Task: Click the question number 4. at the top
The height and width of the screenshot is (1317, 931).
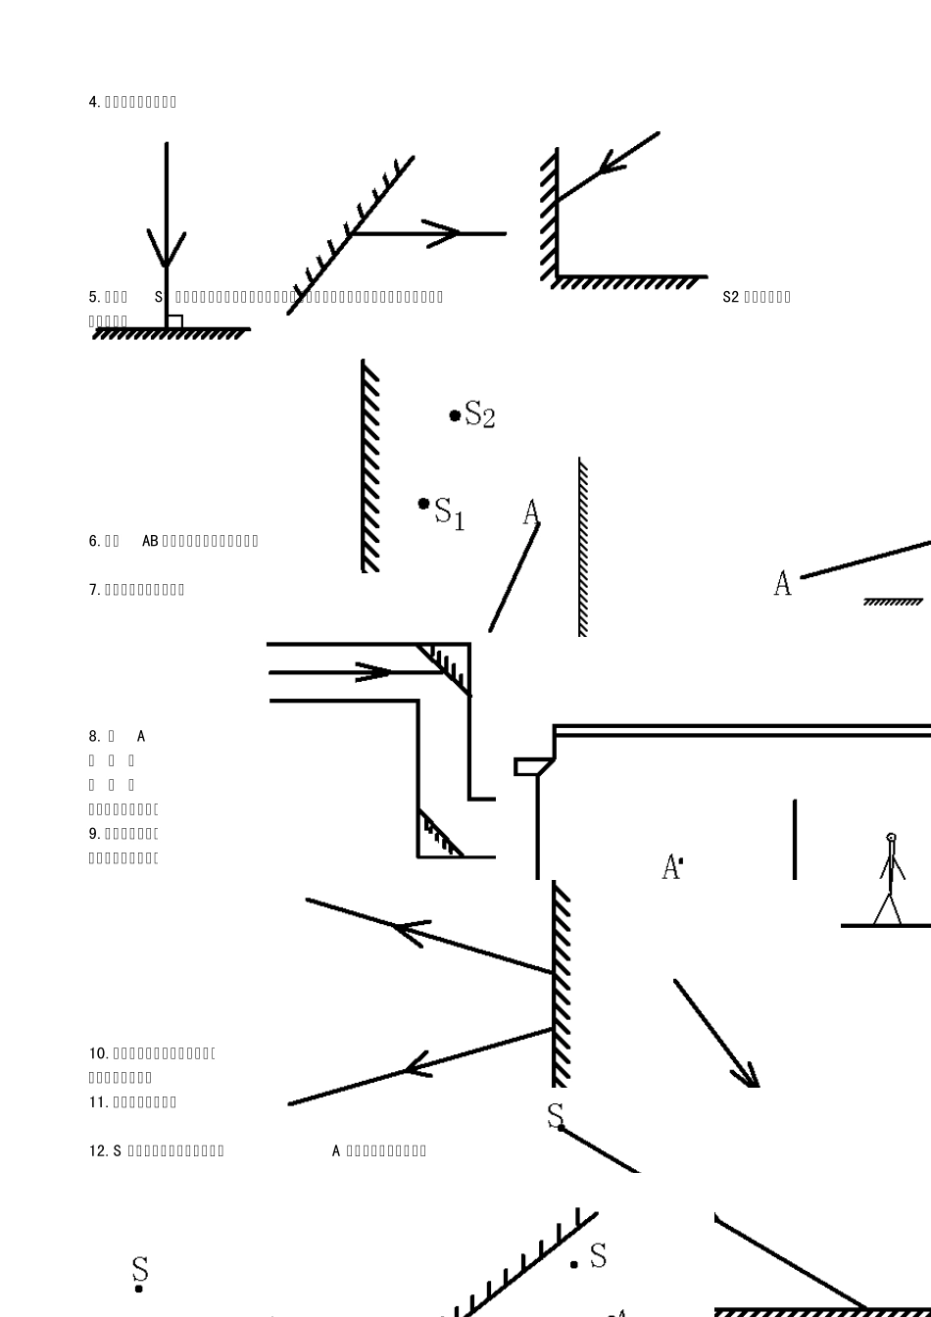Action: [x=94, y=102]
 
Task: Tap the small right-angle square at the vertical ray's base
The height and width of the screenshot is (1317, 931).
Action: [x=174, y=321]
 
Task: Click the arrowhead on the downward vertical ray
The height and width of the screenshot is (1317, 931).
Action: [x=167, y=250]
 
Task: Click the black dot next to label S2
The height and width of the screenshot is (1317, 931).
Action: [x=455, y=415]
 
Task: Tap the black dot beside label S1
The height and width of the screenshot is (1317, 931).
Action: [x=423, y=504]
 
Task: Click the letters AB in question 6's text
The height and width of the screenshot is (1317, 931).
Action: [x=150, y=541]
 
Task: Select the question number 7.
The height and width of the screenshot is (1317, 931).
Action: [x=94, y=590]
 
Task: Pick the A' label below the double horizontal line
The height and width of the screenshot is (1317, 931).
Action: [x=673, y=867]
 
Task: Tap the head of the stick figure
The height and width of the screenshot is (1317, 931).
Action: [x=891, y=838]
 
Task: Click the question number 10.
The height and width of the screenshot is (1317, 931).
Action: [x=98, y=1053]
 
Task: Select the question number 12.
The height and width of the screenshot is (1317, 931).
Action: [x=98, y=1150]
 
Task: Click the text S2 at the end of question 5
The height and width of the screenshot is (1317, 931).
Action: [x=730, y=297]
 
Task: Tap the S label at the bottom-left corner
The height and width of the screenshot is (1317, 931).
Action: [x=140, y=1270]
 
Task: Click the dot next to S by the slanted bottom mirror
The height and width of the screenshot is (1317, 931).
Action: [x=574, y=1264]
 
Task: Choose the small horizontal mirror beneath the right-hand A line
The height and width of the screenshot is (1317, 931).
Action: [x=893, y=602]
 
